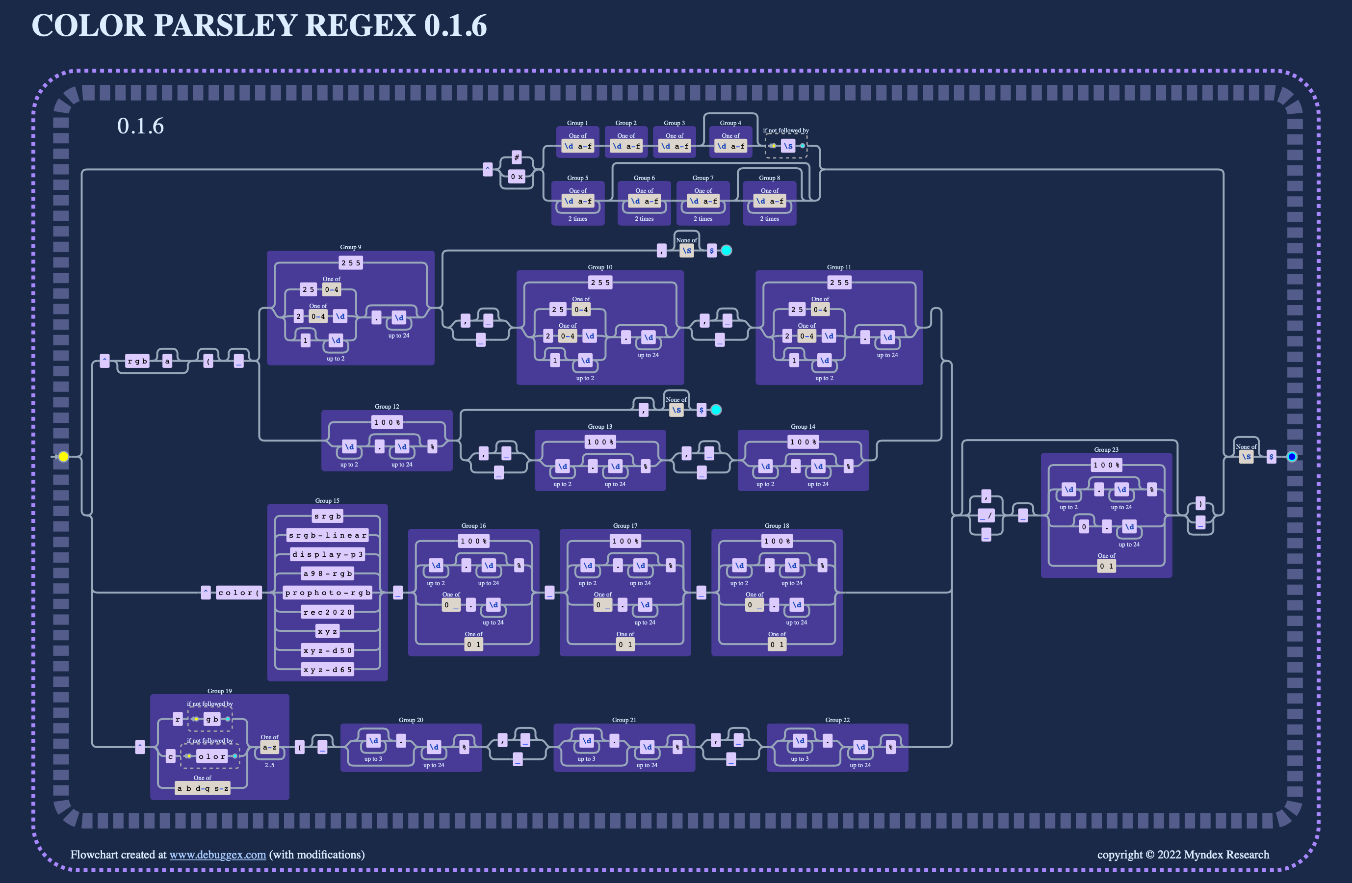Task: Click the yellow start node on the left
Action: pos(64,456)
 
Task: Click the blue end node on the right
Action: pos(1292,456)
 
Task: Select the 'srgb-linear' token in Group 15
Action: pos(328,535)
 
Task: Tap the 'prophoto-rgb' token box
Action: pos(328,593)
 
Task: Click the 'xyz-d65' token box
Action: pos(328,669)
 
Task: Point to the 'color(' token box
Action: pos(238,593)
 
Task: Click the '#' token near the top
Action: pos(517,157)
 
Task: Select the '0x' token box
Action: pos(517,177)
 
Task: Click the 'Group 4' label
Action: pos(730,123)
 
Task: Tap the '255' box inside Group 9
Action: pos(350,263)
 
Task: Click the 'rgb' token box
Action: pos(137,361)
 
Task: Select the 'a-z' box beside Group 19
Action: pos(269,747)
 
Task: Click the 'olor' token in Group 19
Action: pos(212,756)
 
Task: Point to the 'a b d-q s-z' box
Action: pos(203,788)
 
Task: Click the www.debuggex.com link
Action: pos(218,855)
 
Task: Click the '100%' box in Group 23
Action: pos(1106,465)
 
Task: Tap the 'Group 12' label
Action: pos(387,406)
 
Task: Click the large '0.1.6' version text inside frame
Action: pos(140,126)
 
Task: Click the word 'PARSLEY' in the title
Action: pos(226,26)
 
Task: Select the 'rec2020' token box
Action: pos(328,612)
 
